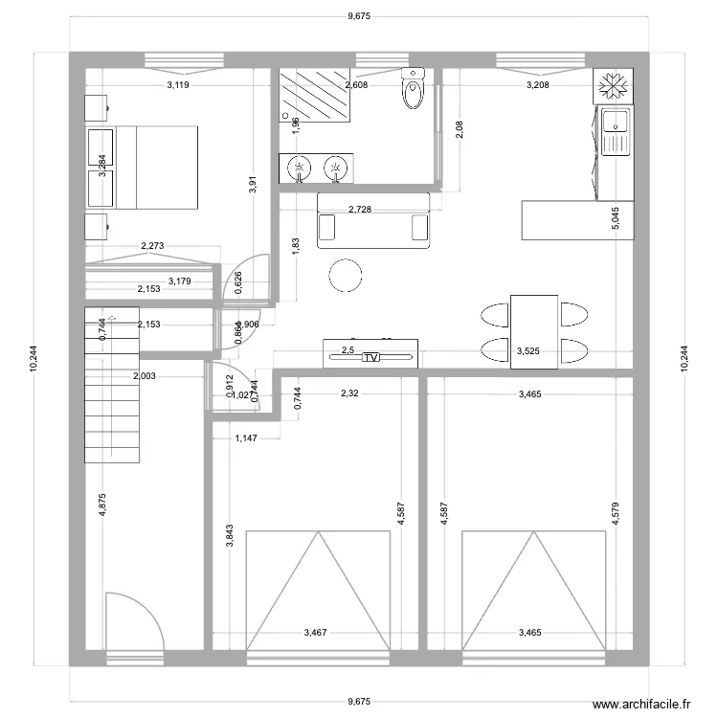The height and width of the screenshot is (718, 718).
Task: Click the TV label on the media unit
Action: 370,357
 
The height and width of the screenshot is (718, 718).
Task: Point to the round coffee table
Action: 345,277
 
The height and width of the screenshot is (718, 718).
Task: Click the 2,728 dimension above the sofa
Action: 361,209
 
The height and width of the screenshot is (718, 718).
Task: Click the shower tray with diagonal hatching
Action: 314,94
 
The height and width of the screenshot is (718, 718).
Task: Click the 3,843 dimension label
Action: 229,537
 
